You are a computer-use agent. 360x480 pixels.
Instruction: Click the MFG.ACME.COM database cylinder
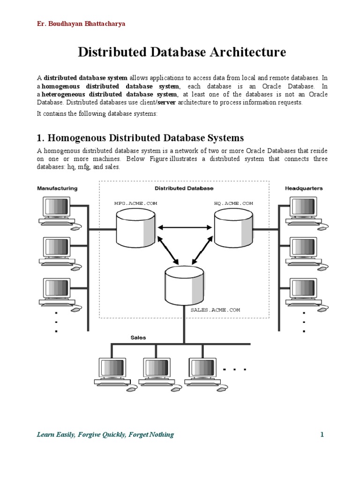tap(135, 228)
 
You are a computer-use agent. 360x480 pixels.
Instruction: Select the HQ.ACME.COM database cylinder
tap(233, 228)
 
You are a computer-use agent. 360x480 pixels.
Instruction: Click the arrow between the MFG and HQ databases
tap(184, 228)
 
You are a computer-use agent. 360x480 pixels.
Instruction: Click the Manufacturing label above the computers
tap(57, 188)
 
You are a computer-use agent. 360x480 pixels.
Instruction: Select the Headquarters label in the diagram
tap(304, 188)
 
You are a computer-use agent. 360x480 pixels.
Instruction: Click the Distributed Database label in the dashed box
tap(184, 188)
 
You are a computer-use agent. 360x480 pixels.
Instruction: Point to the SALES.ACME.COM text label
tap(215, 310)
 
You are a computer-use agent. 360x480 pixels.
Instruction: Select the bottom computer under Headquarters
tap(302, 292)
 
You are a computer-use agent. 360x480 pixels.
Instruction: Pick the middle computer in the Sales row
tap(157, 373)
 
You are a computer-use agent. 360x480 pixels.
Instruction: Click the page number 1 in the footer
tap(322, 435)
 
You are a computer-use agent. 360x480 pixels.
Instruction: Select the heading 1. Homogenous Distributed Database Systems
tap(140, 138)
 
